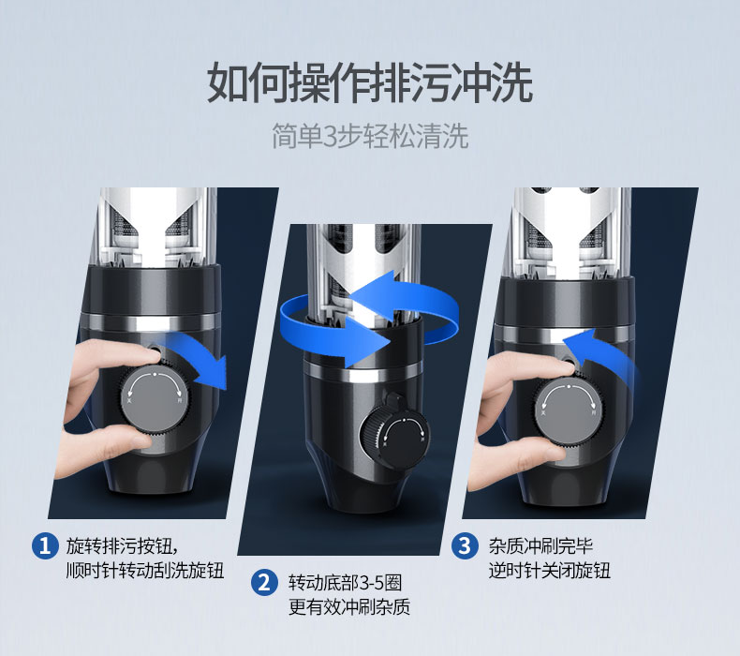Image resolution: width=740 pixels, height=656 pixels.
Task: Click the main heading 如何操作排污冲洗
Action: click(x=370, y=83)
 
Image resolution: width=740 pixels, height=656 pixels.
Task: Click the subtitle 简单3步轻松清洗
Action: click(x=370, y=137)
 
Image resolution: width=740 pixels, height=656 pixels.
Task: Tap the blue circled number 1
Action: click(x=45, y=546)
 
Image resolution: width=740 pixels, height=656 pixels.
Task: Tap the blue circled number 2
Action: click(x=264, y=582)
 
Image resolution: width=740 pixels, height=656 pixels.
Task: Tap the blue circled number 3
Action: click(x=465, y=546)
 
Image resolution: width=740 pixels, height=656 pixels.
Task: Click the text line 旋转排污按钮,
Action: click(x=123, y=546)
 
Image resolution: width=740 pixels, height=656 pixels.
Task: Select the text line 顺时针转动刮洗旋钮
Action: click(x=145, y=571)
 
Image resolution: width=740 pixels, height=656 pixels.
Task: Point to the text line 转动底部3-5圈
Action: click(x=345, y=583)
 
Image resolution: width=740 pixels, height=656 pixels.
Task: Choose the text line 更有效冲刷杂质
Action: click(x=349, y=607)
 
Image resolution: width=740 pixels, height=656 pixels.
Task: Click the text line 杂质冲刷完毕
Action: click(x=540, y=546)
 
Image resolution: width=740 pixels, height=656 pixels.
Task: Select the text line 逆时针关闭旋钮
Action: click(x=549, y=571)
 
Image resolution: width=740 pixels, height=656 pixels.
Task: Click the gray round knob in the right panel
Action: click(x=569, y=409)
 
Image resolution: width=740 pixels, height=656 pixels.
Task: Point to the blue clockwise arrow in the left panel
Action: click(x=199, y=356)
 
